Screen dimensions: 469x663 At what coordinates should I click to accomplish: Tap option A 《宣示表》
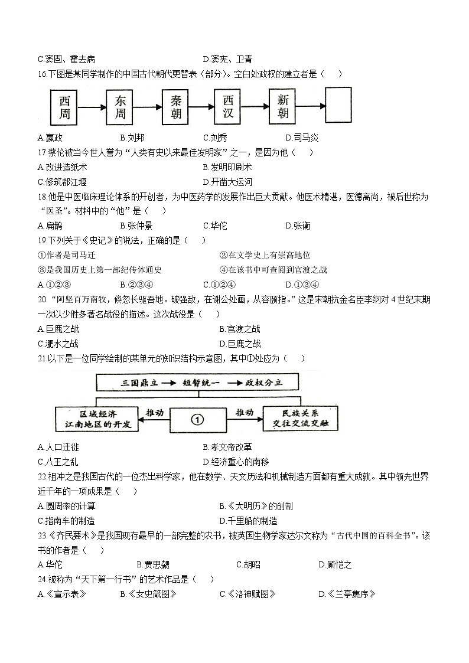click(62, 595)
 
